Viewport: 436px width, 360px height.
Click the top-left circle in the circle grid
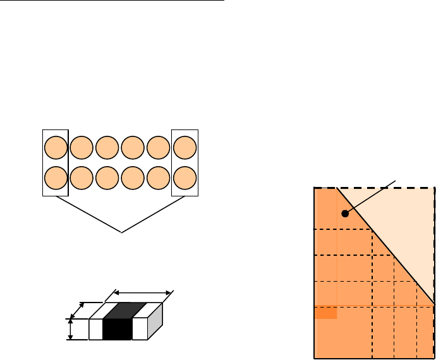55,148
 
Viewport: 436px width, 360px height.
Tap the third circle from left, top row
107,148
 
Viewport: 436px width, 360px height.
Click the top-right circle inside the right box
185,148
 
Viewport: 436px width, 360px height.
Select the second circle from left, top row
81,148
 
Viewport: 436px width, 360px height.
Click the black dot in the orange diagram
345,213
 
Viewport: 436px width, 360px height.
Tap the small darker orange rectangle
325,313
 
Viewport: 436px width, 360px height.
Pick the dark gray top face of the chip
124,310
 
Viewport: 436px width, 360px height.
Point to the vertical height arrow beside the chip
70,329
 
